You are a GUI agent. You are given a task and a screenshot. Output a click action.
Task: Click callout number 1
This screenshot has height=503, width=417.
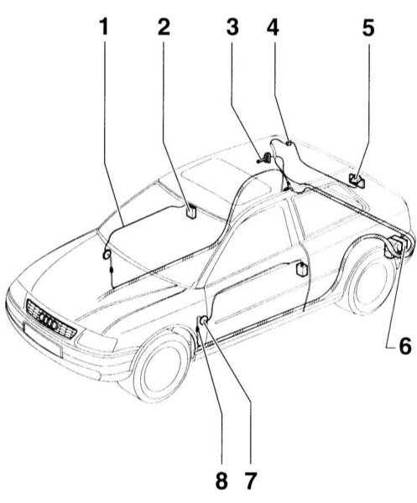(x=104, y=27)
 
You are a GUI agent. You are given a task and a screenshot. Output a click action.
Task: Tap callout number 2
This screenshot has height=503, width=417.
(x=164, y=27)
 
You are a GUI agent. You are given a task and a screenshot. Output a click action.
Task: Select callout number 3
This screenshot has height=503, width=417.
(x=232, y=27)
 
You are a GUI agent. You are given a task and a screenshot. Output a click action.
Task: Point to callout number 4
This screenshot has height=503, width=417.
(x=273, y=27)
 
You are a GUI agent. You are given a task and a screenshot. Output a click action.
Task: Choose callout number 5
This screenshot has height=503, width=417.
(x=368, y=27)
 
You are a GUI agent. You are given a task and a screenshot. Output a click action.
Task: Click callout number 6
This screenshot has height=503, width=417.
(x=405, y=345)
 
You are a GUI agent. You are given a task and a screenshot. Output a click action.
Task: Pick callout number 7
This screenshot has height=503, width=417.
(x=250, y=480)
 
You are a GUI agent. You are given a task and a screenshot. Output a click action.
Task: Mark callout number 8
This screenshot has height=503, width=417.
(x=222, y=480)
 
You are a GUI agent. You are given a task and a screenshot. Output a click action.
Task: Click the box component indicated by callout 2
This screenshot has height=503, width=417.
(x=191, y=212)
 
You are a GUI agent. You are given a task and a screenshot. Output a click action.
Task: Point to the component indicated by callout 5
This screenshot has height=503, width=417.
(x=357, y=180)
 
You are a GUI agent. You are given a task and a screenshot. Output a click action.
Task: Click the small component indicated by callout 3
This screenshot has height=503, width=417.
(x=265, y=158)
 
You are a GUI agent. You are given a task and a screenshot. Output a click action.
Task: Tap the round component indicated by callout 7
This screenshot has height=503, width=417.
(x=204, y=320)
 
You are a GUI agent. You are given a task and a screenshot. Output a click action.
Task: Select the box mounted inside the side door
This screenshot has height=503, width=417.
(x=302, y=269)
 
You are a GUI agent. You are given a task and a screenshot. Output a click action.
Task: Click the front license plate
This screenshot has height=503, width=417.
(x=43, y=340)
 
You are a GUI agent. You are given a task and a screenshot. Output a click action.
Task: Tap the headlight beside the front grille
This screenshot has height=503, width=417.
(x=96, y=340)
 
